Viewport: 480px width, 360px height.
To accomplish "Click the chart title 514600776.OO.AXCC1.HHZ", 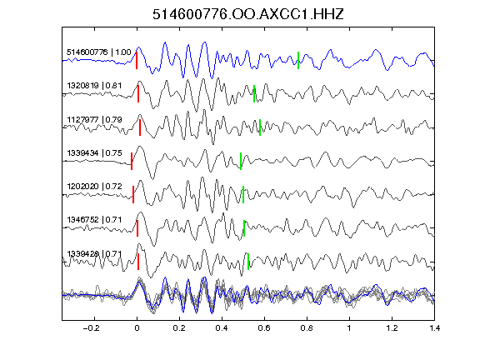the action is (248, 14).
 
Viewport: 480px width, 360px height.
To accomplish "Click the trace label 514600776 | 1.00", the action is (99, 52).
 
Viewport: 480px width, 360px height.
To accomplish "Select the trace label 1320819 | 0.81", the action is (94, 85).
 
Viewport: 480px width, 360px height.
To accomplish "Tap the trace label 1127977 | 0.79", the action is (94, 119).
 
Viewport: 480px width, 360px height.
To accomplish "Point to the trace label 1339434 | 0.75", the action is (94, 152).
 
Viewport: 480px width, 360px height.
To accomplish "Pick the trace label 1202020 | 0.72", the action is (94, 186).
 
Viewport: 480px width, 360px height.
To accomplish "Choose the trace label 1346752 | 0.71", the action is (94, 219).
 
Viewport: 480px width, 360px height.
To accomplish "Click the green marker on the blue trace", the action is (298, 60).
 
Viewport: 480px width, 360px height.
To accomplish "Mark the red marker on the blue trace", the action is (137, 60).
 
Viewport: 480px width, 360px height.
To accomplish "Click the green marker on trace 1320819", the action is (254, 93).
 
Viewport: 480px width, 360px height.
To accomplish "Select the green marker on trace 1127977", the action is (260, 127).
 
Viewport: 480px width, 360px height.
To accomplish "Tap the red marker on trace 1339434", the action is (132, 161).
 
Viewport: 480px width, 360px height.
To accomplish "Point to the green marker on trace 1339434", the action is (241, 161).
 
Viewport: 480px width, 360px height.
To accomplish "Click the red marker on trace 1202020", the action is (133, 194).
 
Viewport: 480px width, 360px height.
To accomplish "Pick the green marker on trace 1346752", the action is (244, 228).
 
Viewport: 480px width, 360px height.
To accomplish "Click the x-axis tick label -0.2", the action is (92, 328).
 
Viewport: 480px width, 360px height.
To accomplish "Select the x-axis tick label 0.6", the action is (264, 328).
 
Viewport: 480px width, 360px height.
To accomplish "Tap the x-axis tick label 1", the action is (349, 328).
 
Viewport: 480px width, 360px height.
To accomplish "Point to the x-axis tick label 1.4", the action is (434, 328).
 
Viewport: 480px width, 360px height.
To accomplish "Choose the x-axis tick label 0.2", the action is (179, 328).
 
